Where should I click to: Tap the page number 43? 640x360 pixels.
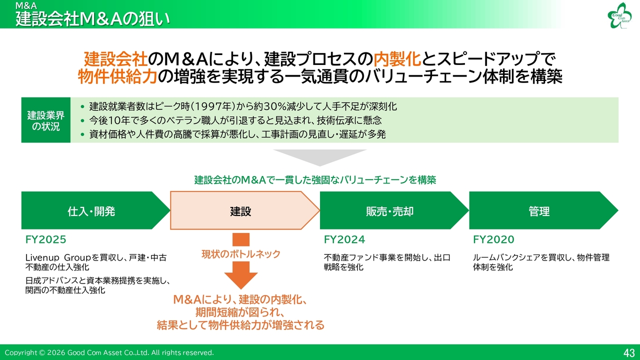629,353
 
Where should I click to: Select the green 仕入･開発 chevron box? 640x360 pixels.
95,210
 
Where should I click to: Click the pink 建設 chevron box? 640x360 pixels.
245,210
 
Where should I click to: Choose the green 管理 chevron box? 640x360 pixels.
543,210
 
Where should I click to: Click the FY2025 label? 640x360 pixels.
45,239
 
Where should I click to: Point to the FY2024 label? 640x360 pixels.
344,239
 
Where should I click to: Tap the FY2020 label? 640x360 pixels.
493,239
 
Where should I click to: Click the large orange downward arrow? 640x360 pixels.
241,275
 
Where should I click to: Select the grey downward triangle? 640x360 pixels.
319,157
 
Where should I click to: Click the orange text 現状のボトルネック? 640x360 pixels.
241,253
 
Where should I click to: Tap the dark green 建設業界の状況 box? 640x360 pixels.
45,120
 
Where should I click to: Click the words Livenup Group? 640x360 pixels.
58,257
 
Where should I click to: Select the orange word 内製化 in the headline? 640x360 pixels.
397,59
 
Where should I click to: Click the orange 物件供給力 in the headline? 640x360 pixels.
117,76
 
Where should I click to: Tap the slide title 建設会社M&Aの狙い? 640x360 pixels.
92,19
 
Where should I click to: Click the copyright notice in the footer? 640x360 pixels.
109,353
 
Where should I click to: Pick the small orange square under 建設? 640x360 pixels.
241,239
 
